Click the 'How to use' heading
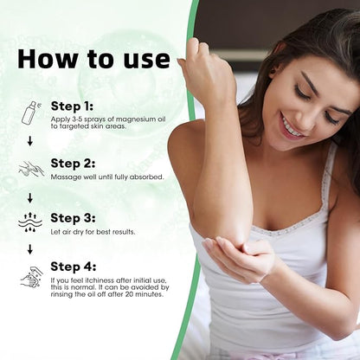pos(94,58)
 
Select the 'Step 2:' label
pos(76,163)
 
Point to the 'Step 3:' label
pos(76,218)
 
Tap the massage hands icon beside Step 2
pos(30,169)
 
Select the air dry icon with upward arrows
pos(30,222)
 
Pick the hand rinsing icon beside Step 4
pos(30,277)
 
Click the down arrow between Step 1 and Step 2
pos(29,141)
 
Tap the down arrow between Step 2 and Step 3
pos(29,197)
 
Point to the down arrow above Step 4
pos(29,249)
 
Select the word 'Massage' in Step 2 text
pos(67,177)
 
